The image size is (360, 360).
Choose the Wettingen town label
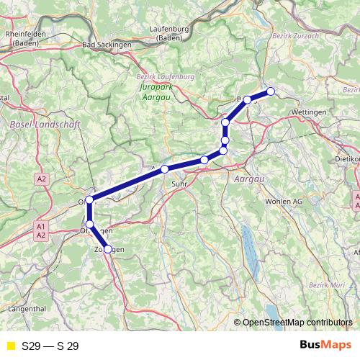click(310, 113)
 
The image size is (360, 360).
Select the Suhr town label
click(179, 184)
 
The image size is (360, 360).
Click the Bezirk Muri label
click(328, 286)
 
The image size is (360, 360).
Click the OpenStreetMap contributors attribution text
click(297, 323)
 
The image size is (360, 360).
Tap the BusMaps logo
click(325, 345)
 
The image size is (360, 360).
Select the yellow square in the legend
click(10, 346)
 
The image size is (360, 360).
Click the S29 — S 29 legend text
click(50, 346)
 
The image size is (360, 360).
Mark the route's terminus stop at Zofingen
click(108, 249)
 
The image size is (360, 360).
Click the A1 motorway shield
click(40, 226)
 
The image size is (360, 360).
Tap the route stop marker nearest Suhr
click(165, 168)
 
